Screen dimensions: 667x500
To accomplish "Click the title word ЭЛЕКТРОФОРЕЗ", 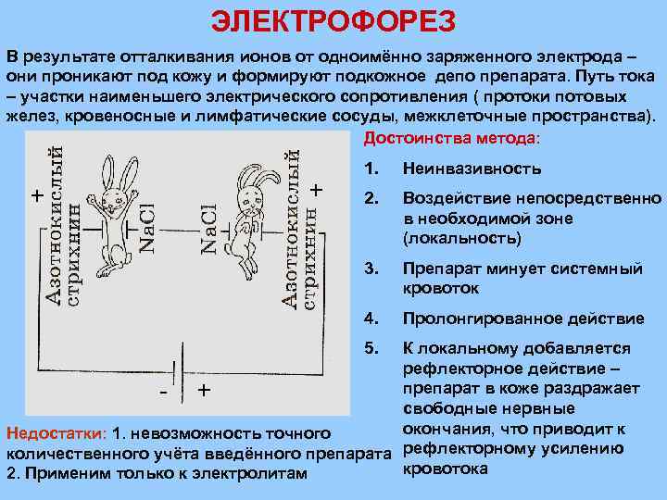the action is click(x=333, y=20).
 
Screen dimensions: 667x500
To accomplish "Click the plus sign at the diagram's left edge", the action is click(x=36, y=195).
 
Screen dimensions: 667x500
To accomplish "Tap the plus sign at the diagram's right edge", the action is click(x=317, y=189).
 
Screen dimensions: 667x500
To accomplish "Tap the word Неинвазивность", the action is click(x=471, y=169).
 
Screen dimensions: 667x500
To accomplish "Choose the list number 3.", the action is click(x=371, y=269).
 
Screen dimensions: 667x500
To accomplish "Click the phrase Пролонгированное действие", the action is click(x=523, y=319).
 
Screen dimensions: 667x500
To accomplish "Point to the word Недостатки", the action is click(x=55, y=434).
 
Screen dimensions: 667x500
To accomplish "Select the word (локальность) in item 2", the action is click(x=462, y=238).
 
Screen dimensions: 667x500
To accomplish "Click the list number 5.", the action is click(x=371, y=349).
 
